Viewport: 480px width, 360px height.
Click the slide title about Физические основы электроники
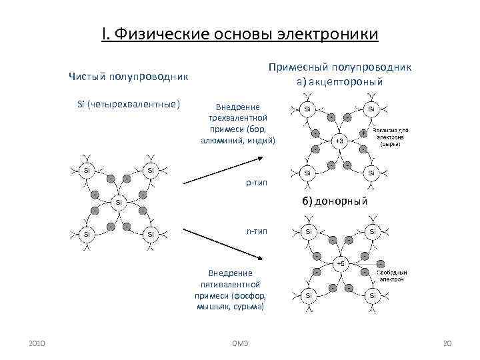tap(240, 33)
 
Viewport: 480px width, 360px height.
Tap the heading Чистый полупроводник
tap(129, 77)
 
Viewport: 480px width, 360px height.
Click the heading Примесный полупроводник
tap(339, 67)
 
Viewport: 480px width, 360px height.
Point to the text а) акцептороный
tap(339, 82)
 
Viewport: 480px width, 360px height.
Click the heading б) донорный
tap(334, 201)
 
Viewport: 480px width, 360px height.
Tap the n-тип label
tap(257, 231)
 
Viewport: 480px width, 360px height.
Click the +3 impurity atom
tap(339, 141)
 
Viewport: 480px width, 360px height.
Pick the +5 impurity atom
tap(339, 263)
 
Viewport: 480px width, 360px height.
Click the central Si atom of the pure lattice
tap(118, 201)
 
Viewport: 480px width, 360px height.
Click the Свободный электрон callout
tap(391, 276)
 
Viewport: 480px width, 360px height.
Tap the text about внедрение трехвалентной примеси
tap(237, 123)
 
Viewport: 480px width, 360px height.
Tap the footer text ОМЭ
tap(239, 343)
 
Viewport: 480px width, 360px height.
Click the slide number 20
tap(447, 343)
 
